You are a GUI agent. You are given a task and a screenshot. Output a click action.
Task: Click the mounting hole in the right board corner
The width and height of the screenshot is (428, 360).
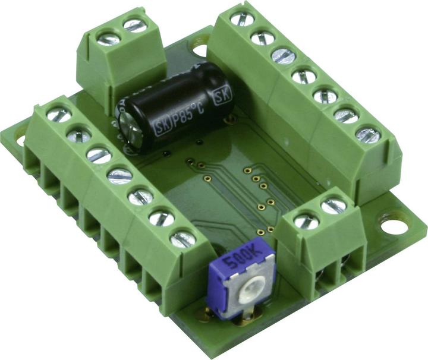pos(391,226)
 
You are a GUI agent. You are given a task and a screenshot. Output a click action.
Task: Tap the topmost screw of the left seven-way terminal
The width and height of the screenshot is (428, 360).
pos(58,114)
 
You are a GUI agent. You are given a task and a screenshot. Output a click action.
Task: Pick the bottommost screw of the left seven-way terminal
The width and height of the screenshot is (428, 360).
pos(182,239)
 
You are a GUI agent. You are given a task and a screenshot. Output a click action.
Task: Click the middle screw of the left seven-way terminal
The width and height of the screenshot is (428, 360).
pos(120,175)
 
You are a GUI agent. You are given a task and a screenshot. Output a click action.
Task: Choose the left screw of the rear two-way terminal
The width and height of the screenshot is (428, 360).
pos(108,39)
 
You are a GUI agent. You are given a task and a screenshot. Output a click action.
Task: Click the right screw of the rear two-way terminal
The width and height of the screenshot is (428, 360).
pos(135,26)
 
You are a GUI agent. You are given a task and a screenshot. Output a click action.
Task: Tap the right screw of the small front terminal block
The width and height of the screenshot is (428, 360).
pos(333,206)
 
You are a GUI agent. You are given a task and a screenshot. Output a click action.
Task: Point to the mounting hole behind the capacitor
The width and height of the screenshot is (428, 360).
pos(200,50)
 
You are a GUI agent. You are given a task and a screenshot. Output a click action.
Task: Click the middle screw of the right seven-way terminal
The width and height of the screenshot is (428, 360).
pos(304,75)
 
